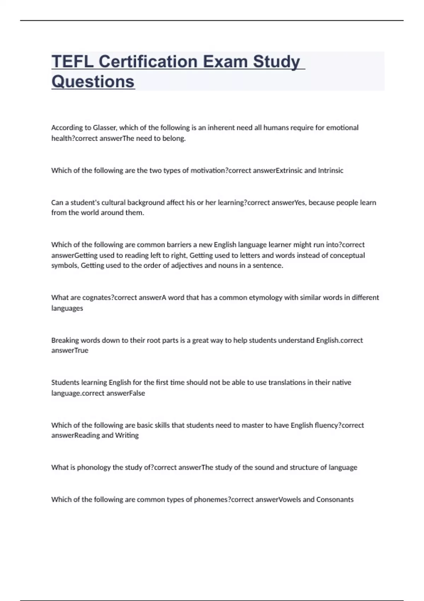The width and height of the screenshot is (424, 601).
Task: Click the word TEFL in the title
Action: pos(72,62)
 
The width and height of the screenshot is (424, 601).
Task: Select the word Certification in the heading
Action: pos(148,62)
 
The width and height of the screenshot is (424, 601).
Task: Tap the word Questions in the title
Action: pos(93,82)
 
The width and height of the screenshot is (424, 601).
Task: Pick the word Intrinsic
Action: pos(330,170)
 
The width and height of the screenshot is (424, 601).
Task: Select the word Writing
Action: pos(127,435)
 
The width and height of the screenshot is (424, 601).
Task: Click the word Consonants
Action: pos(335,500)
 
